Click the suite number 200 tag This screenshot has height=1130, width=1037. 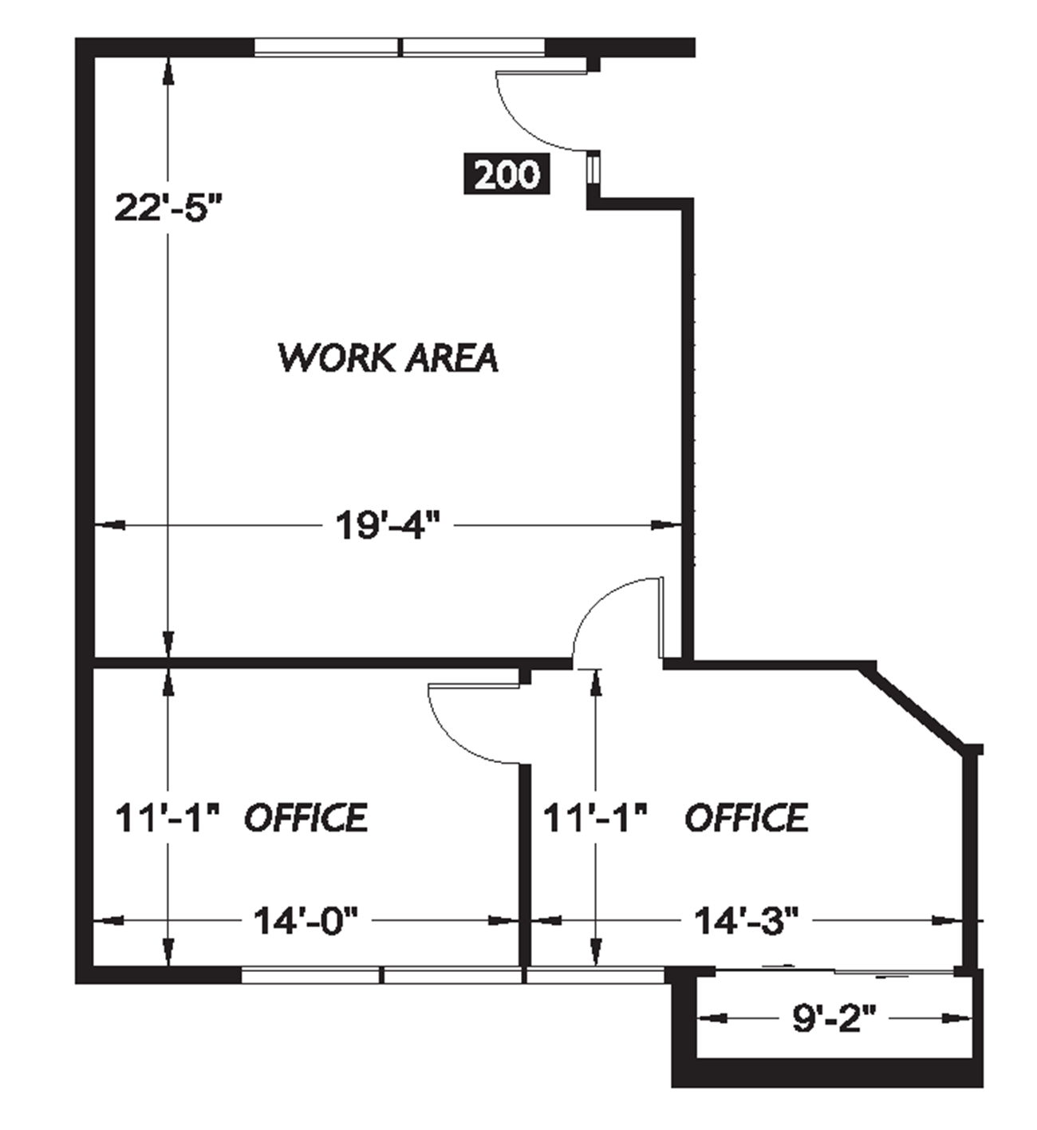pos(507,174)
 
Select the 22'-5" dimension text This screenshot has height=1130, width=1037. pos(167,208)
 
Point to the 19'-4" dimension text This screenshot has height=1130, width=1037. pos(388,526)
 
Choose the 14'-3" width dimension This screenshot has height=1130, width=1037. pos(746,921)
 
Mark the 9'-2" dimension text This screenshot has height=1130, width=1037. pos(834,1019)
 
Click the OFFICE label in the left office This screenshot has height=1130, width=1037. pos(306,818)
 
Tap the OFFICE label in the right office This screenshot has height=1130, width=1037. pos(747,818)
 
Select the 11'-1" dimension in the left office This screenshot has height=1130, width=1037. pos(167,818)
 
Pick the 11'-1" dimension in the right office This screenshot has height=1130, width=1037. pos(594,818)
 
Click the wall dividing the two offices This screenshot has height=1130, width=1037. pos(524,862)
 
